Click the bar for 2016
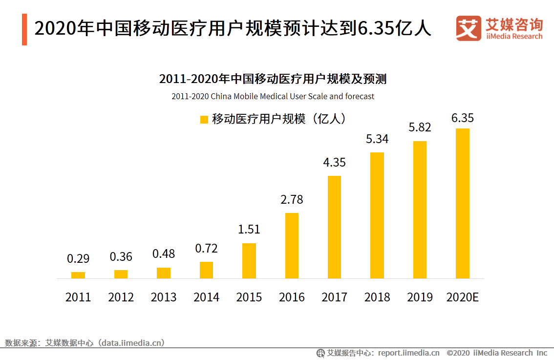(x=292, y=246)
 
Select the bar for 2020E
(x=462, y=204)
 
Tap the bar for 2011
(x=78, y=275)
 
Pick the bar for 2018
(x=377, y=215)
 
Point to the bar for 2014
(x=206, y=270)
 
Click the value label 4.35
(x=334, y=163)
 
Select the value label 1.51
(x=249, y=230)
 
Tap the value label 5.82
(x=420, y=127)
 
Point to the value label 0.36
(x=121, y=256)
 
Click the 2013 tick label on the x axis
(x=164, y=297)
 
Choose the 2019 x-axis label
(x=420, y=297)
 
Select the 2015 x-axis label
(x=249, y=297)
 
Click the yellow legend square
(x=204, y=120)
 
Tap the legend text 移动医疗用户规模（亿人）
(x=278, y=119)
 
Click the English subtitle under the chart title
(x=273, y=96)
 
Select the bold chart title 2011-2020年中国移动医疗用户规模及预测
(x=273, y=79)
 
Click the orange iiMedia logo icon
(x=469, y=28)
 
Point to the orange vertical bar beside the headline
(x=24, y=30)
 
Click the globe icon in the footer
(x=320, y=353)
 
